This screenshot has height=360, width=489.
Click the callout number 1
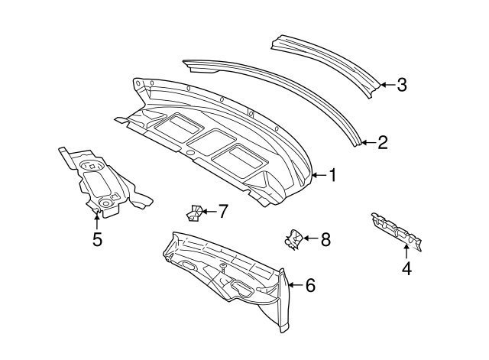tap(332, 176)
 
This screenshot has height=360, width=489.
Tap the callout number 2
tap(383, 142)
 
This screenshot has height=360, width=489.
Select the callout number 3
tap(401, 85)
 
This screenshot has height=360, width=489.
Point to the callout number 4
tap(406, 268)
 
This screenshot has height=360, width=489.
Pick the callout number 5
tap(97, 239)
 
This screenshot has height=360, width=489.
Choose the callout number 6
tap(309, 286)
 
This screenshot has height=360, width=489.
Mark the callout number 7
tap(222, 211)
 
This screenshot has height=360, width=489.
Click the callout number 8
tap(325, 240)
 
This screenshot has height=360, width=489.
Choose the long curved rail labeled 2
tap(275, 92)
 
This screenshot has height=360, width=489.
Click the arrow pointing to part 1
tap(319, 176)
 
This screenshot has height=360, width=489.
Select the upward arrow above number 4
tap(406, 250)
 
